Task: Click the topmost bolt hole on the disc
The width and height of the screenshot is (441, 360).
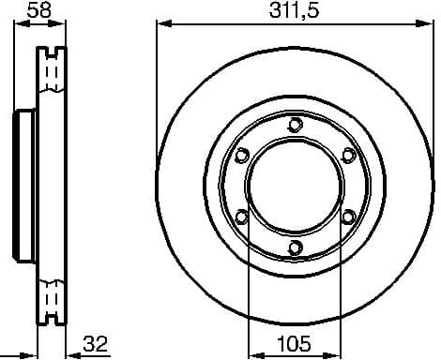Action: (295, 124)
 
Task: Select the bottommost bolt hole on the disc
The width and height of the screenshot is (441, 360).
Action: (295, 247)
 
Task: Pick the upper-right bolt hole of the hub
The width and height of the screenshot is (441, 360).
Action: (348, 155)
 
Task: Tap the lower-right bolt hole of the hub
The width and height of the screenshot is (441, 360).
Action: (348, 217)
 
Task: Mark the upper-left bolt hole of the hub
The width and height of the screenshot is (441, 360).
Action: (241, 155)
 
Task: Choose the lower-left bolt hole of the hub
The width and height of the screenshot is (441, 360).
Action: (241, 217)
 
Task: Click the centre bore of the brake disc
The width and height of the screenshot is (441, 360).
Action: (295, 186)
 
